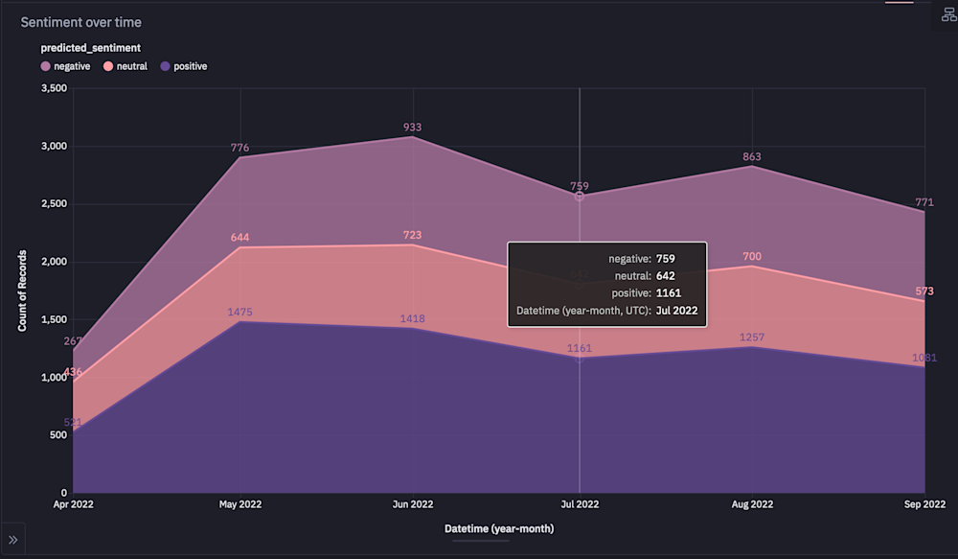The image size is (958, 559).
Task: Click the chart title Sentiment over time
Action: point(81,22)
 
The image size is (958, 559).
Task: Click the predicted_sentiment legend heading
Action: point(91,48)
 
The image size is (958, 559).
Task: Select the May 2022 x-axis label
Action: point(239,503)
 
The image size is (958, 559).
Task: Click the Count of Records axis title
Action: point(22,291)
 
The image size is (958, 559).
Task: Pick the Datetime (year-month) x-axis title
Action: point(498,528)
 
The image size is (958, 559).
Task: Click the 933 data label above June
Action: point(412,128)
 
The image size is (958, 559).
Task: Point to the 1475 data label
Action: point(239,313)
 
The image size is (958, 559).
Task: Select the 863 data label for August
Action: point(753,157)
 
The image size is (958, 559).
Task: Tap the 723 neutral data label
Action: point(412,235)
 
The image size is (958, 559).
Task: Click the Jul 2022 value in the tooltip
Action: point(677,311)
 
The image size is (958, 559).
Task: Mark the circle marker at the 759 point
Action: point(580,196)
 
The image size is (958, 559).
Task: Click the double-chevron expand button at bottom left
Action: point(12,541)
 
